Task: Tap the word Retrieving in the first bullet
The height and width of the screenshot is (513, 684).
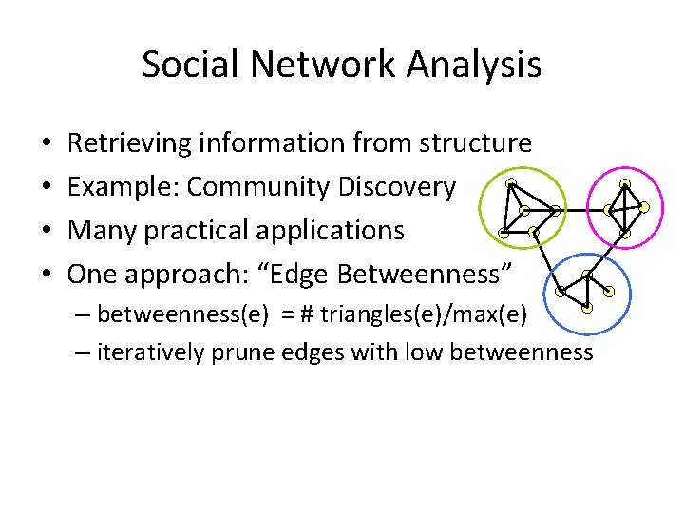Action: pos(129,143)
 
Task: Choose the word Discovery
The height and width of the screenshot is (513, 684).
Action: pos(396,187)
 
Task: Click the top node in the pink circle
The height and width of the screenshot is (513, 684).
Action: pos(624,183)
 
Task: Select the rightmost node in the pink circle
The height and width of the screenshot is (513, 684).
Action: pos(644,206)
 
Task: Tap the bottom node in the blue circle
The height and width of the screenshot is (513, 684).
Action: pos(588,308)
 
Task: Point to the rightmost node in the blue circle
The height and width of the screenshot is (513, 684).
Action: pos(609,291)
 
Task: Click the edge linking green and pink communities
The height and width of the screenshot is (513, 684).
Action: pos(581,210)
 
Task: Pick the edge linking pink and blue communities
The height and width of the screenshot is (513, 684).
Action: pos(607,255)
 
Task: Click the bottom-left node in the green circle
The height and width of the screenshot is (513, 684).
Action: pos(503,232)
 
